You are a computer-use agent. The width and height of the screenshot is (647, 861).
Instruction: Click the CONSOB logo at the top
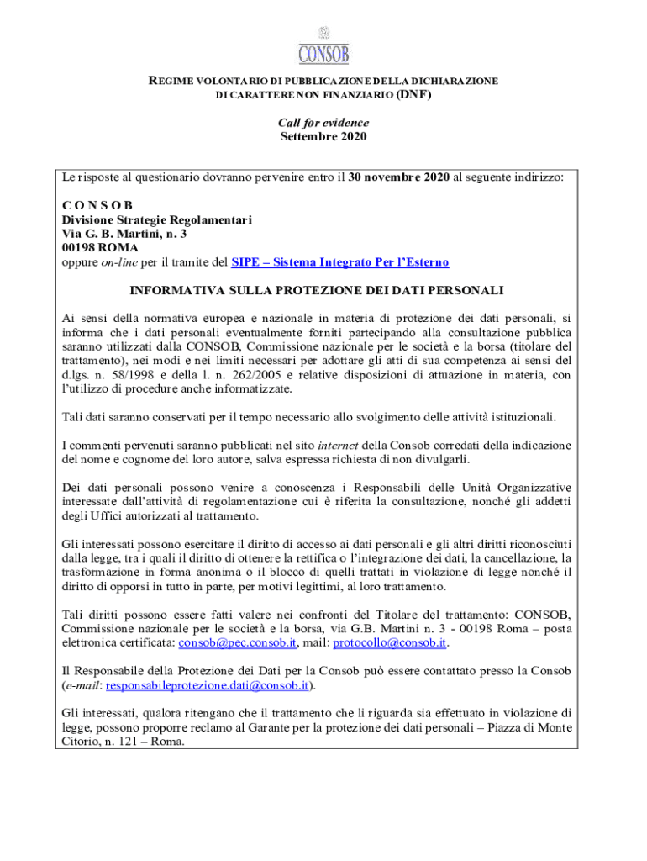323,46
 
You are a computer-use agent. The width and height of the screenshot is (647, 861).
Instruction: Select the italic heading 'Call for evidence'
323,123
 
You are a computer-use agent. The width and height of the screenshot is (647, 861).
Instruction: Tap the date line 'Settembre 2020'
323,136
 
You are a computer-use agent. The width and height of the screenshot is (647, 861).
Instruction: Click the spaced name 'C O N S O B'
97,206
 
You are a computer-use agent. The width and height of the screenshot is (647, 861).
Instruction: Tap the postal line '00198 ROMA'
100,248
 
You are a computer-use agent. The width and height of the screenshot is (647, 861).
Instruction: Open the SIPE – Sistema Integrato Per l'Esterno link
339,262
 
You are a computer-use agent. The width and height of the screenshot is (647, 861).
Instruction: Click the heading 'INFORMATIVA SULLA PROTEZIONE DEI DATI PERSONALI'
316,291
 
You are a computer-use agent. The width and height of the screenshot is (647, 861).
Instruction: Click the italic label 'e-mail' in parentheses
83,685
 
